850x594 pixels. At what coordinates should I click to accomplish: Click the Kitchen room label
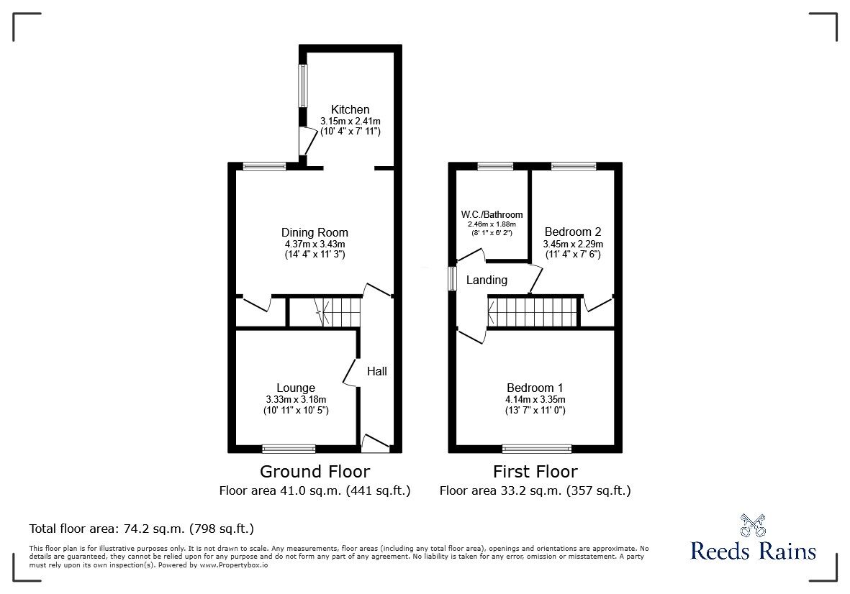(x=351, y=110)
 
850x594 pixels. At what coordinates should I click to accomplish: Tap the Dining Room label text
(x=315, y=232)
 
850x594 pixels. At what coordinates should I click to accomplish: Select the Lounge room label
(x=295, y=388)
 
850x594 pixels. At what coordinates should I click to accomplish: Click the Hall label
(x=376, y=371)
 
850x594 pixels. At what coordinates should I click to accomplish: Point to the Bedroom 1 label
(x=535, y=388)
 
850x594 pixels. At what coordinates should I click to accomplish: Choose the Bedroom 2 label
(x=573, y=232)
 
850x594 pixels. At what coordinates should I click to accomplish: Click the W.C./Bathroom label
(x=492, y=215)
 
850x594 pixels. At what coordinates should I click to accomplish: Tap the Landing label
(x=487, y=280)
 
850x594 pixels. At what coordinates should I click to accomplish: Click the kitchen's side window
(x=303, y=86)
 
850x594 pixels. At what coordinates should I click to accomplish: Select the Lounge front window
(x=289, y=448)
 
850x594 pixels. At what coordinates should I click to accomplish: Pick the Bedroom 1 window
(x=537, y=448)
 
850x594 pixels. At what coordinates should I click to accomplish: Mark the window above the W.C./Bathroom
(x=495, y=166)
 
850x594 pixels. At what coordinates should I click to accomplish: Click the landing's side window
(x=452, y=278)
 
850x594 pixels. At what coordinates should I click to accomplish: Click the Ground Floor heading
(x=315, y=472)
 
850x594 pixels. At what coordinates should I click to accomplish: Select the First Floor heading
(x=535, y=472)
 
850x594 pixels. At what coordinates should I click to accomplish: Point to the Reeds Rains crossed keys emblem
(x=752, y=525)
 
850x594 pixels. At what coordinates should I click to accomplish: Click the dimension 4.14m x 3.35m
(x=535, y=400)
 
